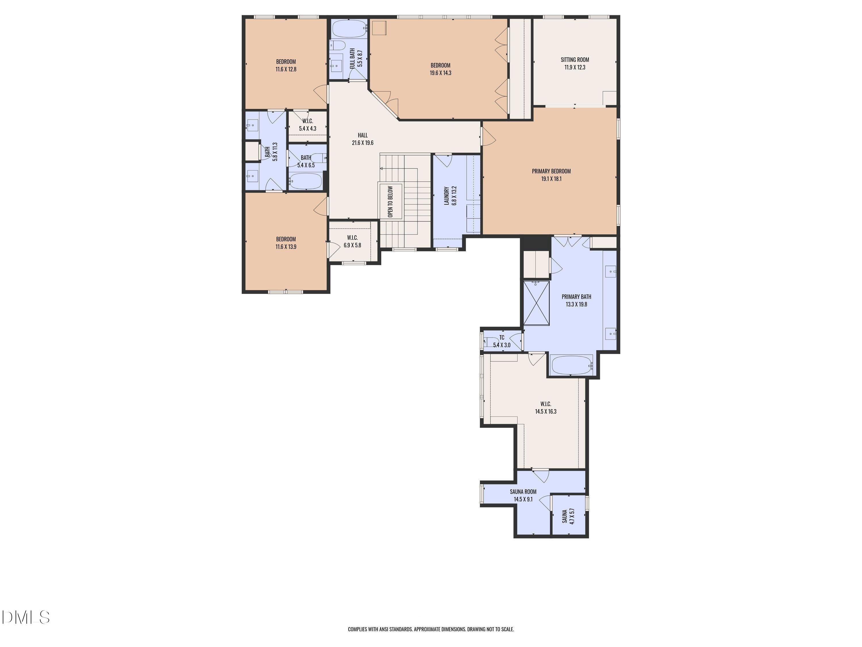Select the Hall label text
tap(362, 135)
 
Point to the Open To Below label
tap(390, 201)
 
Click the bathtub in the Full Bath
tap(349, 28)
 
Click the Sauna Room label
tap(523, 492)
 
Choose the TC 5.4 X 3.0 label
tap(501, 341)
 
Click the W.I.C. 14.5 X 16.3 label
tap(546, 407)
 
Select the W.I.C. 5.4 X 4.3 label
tap(307, 125)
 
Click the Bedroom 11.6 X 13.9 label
tap(286, 243)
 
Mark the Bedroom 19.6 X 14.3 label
tap(440, 69)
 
